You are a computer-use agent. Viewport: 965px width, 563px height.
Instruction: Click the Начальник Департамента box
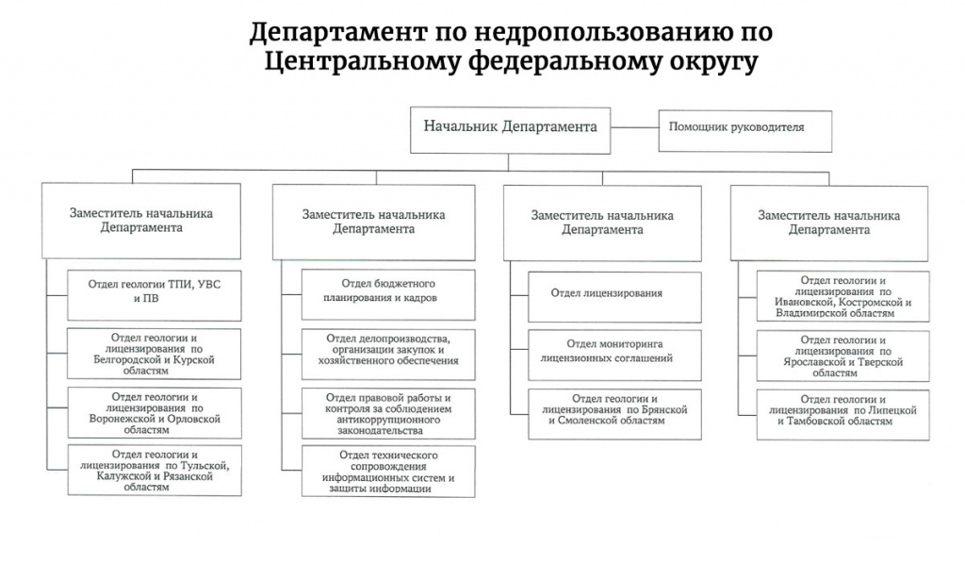pyautogui.click(x=510, y=130)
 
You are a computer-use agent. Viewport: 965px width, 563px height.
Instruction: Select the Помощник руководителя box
pyautogui.click(x=744, y=130)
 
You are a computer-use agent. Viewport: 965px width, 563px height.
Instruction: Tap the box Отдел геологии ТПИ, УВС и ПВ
pyautogui.click(x=154, y=295)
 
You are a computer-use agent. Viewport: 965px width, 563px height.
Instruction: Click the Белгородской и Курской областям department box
pyautogui.click(x=154, y=354)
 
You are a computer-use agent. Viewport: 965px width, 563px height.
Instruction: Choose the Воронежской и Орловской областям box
pyautogui.click(x=154, y=413)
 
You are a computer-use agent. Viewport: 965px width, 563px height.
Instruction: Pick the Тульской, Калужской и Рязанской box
pyautogui.click(x=154, y=470)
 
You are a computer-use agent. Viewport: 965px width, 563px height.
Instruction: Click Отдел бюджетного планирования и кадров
pyautogui.click(x=388, y=294)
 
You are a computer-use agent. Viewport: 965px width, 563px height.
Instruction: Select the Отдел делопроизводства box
pyautogui.click(x=388, y=355)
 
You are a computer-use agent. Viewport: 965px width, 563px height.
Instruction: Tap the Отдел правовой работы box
pyautogui.click(x=388, y=413)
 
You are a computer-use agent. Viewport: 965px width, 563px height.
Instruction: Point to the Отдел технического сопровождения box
pyautogui.click(x=388, y=472)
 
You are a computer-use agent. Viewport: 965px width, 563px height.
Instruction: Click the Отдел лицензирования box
pyautogui.click(x=614, y=297)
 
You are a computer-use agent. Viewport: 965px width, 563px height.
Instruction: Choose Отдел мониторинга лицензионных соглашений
pyautogui.click(x=614, y=356)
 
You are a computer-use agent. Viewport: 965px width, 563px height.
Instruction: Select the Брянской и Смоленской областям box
pyautogui.click(x=614, y=414)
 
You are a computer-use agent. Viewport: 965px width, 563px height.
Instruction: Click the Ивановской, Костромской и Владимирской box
pyautogui.click(x=843, y=296)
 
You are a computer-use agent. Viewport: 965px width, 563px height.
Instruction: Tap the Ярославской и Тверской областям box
pyautogui.click(x=843, y=356)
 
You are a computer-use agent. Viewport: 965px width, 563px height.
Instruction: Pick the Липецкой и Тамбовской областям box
pyautogui.click(x=843, y=415)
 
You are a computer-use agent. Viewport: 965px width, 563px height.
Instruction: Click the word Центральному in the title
pyautogui.click(x=363, y=61)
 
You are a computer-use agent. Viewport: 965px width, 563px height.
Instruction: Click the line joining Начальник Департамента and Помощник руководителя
pyautogui.click(x=634, y=128)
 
